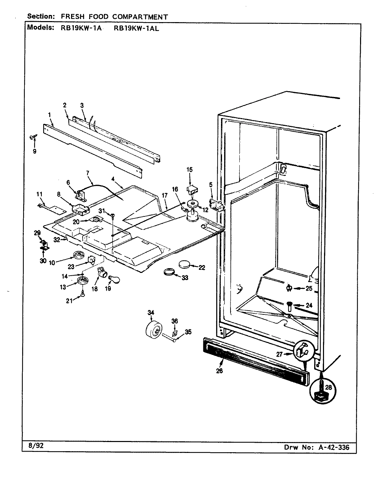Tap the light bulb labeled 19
(x=113, y=279)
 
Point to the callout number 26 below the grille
(x=219, y=371)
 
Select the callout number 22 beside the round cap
(x=202, y=268)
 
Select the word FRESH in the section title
(x=72, y=16)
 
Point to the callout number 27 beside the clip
(x=279, y=354)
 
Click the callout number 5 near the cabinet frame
(x=211, y=185)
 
